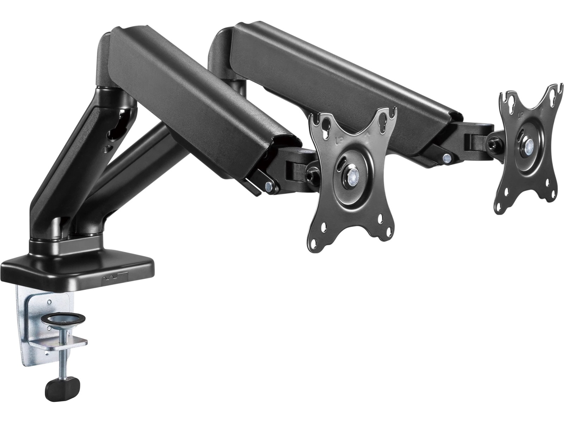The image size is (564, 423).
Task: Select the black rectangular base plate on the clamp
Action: pyautogui.click(x=78, y=264)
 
